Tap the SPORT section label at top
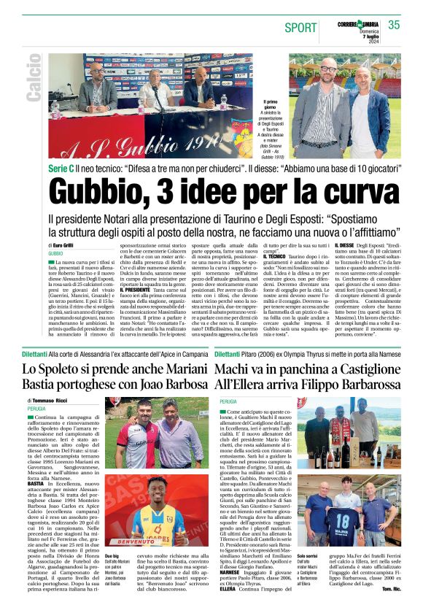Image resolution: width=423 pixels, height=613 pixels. click(x=301, y=28)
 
